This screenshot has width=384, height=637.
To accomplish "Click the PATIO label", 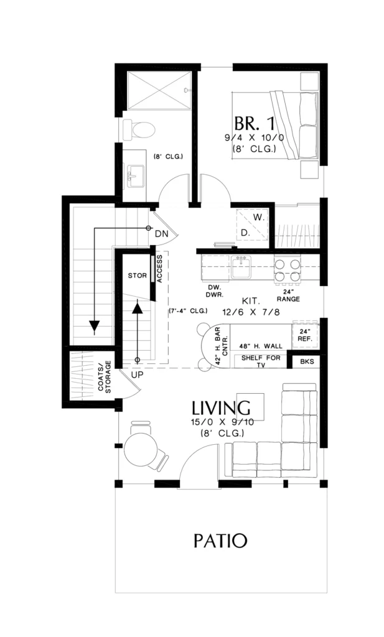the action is click(x=220, y=541).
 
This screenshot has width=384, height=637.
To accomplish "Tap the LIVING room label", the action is click(x=221, y=408).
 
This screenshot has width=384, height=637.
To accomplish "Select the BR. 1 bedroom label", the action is click(x=255, y=124).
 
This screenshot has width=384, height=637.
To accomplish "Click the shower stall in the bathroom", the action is click(x=159, y=91).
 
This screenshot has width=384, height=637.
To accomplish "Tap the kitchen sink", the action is click(x=241, y=267).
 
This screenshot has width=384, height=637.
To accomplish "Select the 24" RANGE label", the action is click(x=288, y=295).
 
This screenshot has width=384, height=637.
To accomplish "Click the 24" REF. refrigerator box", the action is click(x=305, y=335).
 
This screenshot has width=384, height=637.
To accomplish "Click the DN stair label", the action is click(x=162, y=234).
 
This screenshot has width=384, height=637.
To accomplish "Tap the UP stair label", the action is click(x=138, y=374).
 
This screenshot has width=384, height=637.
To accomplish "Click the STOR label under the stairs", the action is click(x=138, y=276).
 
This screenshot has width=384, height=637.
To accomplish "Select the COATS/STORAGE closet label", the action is click(x=105, y=377).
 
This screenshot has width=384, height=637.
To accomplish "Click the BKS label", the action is click(x=307, y=361).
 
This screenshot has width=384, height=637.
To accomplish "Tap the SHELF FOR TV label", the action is click(x=261, y=361).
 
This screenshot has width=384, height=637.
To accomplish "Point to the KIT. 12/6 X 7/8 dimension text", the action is click(x=251, y=307).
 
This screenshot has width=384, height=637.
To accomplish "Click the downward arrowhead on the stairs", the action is click(x=95, y=326).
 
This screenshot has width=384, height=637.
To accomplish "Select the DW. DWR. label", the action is click(x=214, y=292).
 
